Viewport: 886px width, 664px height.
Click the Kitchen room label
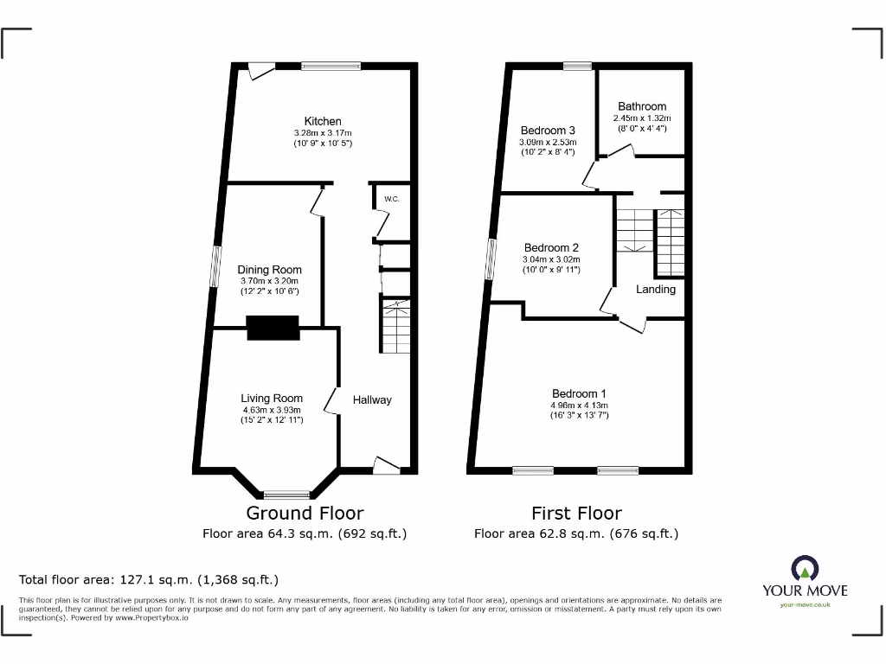322,121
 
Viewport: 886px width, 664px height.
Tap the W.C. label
391,200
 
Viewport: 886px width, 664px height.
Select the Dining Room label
269,270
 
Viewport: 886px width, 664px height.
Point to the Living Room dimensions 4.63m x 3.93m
271,410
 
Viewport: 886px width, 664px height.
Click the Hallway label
372,399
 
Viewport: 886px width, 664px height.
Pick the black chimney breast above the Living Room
273,328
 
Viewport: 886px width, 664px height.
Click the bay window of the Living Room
286,495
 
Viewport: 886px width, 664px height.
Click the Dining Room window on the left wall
214,265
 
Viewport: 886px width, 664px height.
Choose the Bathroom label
642,106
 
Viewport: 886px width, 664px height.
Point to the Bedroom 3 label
547,131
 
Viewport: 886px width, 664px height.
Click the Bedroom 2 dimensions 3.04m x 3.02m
550,259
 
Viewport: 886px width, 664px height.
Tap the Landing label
656,289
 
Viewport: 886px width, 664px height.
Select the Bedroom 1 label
579,393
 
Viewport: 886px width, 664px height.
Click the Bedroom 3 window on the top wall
577,66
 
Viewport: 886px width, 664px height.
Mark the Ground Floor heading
305,514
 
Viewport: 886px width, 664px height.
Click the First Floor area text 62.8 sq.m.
576,533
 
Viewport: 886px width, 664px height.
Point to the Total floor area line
149,579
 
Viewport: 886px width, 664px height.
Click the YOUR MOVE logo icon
805,569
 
